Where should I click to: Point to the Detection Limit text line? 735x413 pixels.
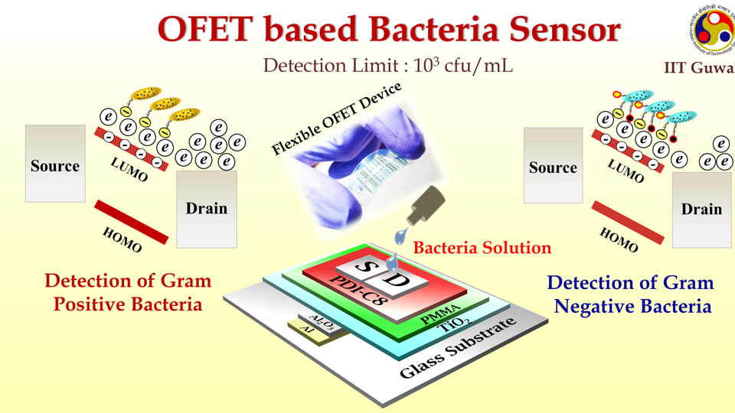pos(387,65)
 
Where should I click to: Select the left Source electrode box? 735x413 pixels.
pos(54,164)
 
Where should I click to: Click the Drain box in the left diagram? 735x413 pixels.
pos(207,208)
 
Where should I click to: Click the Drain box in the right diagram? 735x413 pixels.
pos(701,208)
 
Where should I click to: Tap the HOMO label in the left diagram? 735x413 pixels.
pos(123,239)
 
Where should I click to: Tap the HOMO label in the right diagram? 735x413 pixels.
pos(619,240)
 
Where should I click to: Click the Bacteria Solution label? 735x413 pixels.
pos(482,248)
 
